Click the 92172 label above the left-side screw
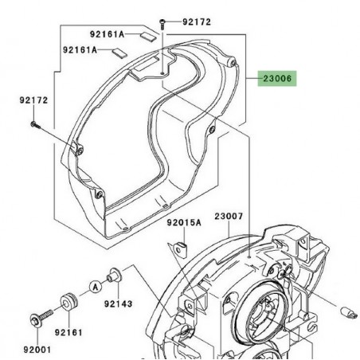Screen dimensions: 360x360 (x=33, y=101)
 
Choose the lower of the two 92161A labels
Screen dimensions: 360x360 (x=82, y=49)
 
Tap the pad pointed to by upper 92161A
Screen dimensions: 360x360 (x=147, y=35)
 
